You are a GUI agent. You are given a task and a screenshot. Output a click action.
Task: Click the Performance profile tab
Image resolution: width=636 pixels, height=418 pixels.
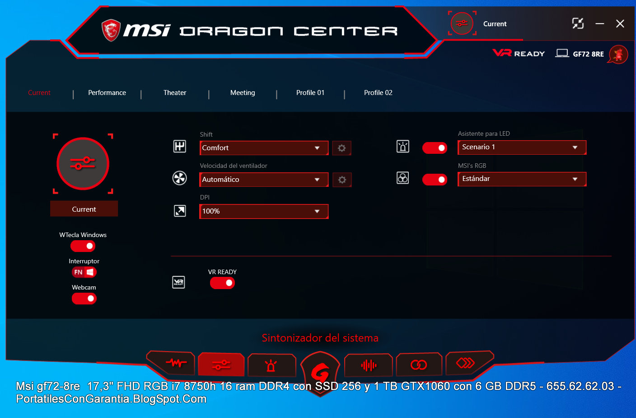(107, 93)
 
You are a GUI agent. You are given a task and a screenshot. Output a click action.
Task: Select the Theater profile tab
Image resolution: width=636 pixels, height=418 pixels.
(175, 93)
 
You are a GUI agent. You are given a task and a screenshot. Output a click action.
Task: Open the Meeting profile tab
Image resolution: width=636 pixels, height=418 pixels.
(243, 93)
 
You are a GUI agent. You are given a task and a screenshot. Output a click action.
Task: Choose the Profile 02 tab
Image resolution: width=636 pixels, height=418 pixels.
(378, 93)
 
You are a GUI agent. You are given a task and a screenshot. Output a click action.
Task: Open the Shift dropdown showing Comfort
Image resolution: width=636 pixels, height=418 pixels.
(264, 148)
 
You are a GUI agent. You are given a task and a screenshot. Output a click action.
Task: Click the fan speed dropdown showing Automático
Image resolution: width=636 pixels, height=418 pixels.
(264, 180)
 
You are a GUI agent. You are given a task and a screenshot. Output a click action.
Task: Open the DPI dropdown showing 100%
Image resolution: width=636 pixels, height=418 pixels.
(264, 211)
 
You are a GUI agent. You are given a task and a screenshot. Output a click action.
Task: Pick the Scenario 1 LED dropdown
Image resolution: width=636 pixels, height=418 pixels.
(522, 147)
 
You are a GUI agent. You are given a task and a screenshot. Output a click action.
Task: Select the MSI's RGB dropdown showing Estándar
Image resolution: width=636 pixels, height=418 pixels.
(522, 179)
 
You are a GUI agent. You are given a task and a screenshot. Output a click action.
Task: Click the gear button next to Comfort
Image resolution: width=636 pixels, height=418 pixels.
(342, 148)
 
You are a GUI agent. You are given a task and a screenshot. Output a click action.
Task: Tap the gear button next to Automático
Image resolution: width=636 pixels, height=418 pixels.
(342, 180)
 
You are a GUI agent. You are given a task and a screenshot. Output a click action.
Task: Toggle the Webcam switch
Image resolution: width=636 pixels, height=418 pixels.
(84, 299)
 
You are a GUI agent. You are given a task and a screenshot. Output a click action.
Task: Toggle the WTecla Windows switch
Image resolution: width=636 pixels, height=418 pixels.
(83, 246)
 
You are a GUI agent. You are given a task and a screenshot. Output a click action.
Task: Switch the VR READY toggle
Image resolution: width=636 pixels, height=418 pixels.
(222, 283)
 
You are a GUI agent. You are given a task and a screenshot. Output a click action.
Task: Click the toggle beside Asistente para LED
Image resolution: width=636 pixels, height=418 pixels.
(435, 148)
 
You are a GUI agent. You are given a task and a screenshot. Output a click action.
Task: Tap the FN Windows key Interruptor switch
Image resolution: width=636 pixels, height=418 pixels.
(84, 272)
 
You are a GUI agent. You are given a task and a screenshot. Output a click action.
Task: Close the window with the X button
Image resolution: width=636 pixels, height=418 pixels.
(620, 24)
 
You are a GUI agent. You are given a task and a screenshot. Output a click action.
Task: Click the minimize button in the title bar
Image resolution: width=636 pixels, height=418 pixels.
(600, 24)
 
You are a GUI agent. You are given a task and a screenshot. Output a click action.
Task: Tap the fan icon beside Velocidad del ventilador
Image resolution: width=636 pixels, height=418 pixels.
(180, 178)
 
